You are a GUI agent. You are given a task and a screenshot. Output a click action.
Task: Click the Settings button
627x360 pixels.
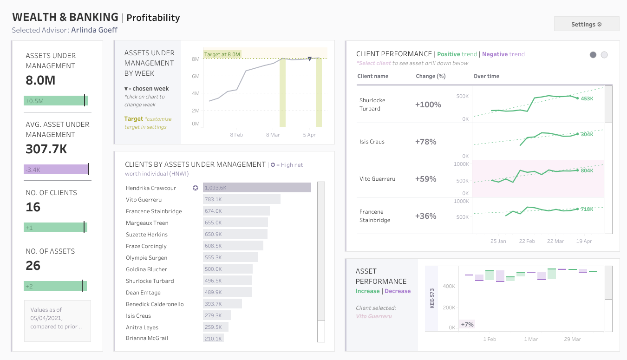coord(586,24)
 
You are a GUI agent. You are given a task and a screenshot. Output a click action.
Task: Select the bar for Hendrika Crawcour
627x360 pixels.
coord(257,188)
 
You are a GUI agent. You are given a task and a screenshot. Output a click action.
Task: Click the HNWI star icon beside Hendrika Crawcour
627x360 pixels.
coord(196,188)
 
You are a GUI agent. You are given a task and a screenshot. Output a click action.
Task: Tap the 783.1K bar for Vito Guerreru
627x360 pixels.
coord(242,199)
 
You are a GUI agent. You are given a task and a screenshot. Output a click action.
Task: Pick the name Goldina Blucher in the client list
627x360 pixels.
coord(146,269)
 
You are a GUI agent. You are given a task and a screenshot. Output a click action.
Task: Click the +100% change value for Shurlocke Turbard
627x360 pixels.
coord(428,105)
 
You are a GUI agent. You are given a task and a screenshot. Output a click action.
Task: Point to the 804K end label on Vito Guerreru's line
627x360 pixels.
coord(587,170)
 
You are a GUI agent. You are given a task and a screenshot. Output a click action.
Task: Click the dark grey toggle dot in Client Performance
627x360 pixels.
coord(593,55)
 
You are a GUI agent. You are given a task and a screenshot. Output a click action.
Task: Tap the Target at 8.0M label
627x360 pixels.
coord(222,54)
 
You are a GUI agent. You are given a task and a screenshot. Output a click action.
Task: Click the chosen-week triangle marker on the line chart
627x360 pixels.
coord(309,59)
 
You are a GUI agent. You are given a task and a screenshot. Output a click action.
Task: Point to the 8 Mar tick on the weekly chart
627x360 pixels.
coord(273,135)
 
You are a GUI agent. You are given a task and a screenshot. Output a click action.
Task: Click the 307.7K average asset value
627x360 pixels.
coord(46,149)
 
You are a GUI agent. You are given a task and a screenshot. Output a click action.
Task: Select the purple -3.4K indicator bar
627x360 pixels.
coord(56,170)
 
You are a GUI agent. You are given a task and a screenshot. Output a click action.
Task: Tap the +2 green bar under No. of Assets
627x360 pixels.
coord(55,286)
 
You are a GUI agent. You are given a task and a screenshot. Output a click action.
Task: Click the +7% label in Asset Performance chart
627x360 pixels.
coord(467,324)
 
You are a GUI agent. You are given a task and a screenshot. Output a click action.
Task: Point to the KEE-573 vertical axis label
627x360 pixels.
coord(432,298)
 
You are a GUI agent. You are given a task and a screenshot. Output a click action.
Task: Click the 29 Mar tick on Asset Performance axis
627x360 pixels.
coord(572,339)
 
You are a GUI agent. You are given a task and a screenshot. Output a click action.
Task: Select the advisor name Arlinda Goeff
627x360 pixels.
coord(94,30)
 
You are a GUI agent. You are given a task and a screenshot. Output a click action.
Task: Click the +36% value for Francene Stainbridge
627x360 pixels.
coord(425,216)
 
